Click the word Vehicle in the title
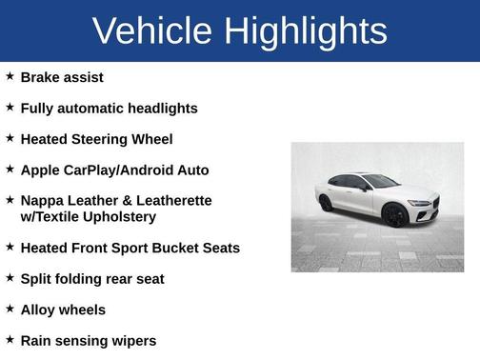point(152,31)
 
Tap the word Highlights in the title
point(307,31)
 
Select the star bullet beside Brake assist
point(10,76)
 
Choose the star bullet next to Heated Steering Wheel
point(10,138)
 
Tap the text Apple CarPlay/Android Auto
point(114,170)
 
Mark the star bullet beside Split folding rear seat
point(10,278)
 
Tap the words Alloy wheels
point(63,310)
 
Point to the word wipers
point(133,341)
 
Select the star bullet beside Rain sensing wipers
point(10,339)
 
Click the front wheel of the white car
point(394,214)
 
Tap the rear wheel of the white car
point(327,203)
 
